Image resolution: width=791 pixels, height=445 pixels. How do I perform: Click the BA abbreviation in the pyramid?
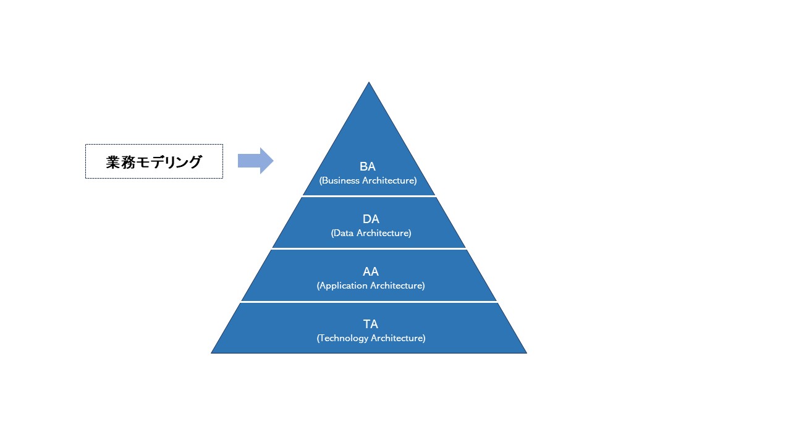click(x=368, y=166)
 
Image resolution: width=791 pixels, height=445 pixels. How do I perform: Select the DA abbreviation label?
click(x=371, y=219)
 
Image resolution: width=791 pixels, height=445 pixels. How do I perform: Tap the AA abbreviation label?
click(x=371, y=271)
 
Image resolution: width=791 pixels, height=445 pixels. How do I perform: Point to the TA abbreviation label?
click(x=371, y=324)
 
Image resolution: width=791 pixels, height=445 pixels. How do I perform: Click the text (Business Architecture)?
click(x=368, y=180)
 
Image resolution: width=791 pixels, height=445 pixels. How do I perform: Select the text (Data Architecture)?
click(x=371, y=233)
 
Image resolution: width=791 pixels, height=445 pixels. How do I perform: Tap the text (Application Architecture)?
click(x=371, y=286)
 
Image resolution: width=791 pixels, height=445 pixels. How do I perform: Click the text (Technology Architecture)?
click(x=371, y=338)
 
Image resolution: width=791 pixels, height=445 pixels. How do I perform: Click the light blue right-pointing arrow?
click(x=256, y=161)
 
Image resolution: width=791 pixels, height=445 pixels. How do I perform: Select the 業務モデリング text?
click(x=154, y=162)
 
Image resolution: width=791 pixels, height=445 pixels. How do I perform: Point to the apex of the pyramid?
click(x=369, y=82)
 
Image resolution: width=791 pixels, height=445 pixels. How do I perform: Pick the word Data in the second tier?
click(x=343, y=233)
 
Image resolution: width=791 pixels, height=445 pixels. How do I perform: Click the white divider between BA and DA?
click(x=369, y=196)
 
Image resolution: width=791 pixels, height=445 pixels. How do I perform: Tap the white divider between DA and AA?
click(x=369, y=248)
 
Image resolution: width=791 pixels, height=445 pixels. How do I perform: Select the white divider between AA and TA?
click(x=369, y=302)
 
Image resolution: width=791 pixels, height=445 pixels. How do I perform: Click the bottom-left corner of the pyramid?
click(x=211, y=353)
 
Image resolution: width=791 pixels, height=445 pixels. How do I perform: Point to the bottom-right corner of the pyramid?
click(x=527, y=353)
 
